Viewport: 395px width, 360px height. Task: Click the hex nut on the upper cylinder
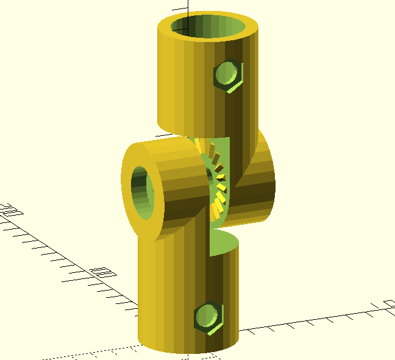[x=229, y=76]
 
